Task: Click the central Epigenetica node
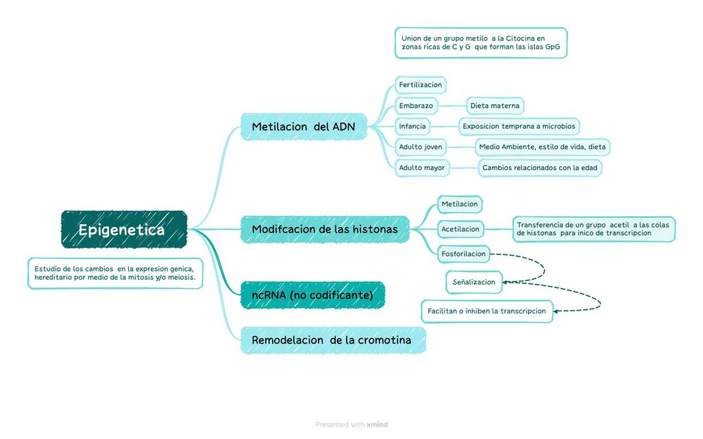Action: tap(124, 229)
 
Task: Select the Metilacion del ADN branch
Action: tap(304, 127)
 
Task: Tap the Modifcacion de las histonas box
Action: tap(325, 229)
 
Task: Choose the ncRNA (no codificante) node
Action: tap(312, 295)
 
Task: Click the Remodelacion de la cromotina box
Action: tap(332, 340)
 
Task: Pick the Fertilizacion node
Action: tap(421, 85)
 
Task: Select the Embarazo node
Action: tap(416, 106)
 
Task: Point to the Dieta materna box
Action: tap(495, 106)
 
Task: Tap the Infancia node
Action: tap(412, 126)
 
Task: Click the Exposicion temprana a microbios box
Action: tap(519, 126)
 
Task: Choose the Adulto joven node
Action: tap(421, 147)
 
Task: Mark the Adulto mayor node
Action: tap(422, 167)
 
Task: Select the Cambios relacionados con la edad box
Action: tap(539, 167)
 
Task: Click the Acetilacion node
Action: tap(460, 229)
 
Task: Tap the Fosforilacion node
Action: tap(464, 254)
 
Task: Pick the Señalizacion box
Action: tap(473, 282)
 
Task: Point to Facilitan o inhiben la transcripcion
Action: tap(486, 311)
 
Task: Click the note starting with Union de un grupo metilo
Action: tap(480, 43)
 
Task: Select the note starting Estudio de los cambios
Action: tap(115, 273)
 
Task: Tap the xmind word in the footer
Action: tap(377, 425)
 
